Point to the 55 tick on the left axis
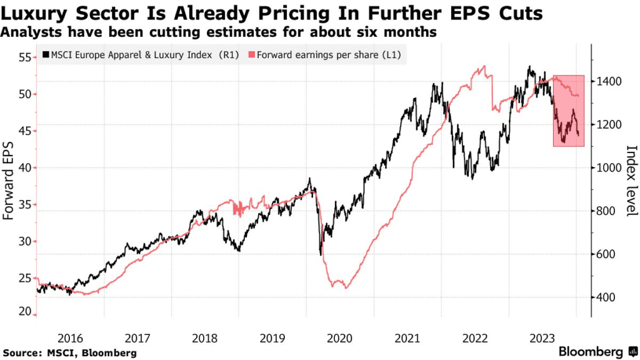[24, 57]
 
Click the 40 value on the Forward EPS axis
[24, 167]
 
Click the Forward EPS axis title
[9, 186]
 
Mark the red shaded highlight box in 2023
[568, 111]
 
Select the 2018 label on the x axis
[205, 338]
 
